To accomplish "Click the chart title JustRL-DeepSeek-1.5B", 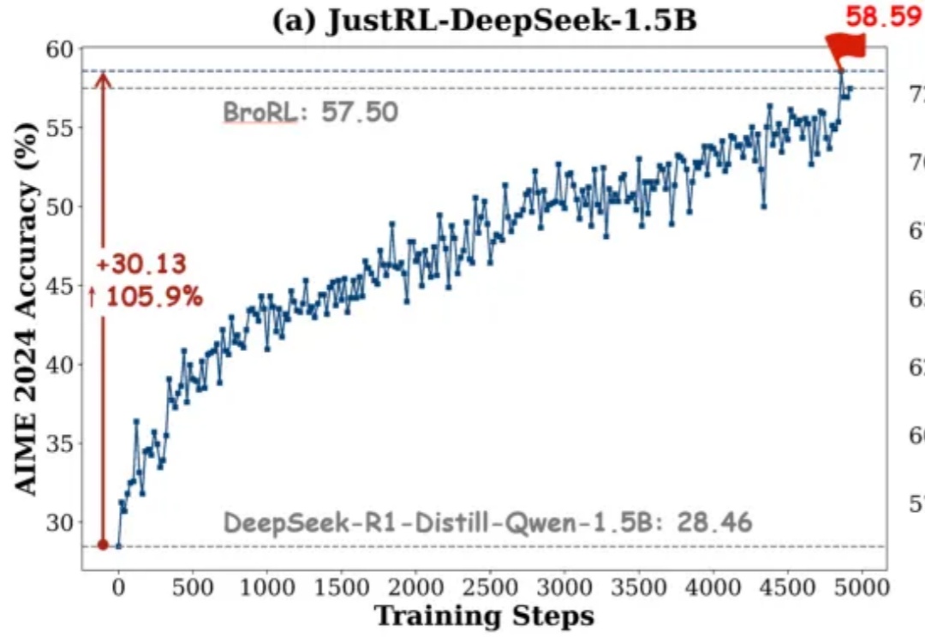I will click(x=484, y=21).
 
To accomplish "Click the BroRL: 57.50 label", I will click(x=311, y=112).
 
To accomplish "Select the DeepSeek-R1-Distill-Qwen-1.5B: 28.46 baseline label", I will click(x=488, y=521).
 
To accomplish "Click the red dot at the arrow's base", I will click(x=103, y=545).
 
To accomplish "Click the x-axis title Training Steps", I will click(x=485, y=616).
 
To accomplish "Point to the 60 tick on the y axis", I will click(x=59, y=50).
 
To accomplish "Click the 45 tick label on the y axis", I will click(x=59, y=286).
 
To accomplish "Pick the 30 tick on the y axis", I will click(x=59, y=522).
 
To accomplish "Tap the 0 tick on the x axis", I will click(x=119, y=588).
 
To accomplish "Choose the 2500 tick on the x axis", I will click(x=489, y=588).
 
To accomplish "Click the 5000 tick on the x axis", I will click(x=860, y=588).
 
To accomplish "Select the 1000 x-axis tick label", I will click(x=266, y=588).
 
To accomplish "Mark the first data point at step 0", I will click(x=119, y=545).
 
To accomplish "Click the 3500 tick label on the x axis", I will click(x=637, y=588).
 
